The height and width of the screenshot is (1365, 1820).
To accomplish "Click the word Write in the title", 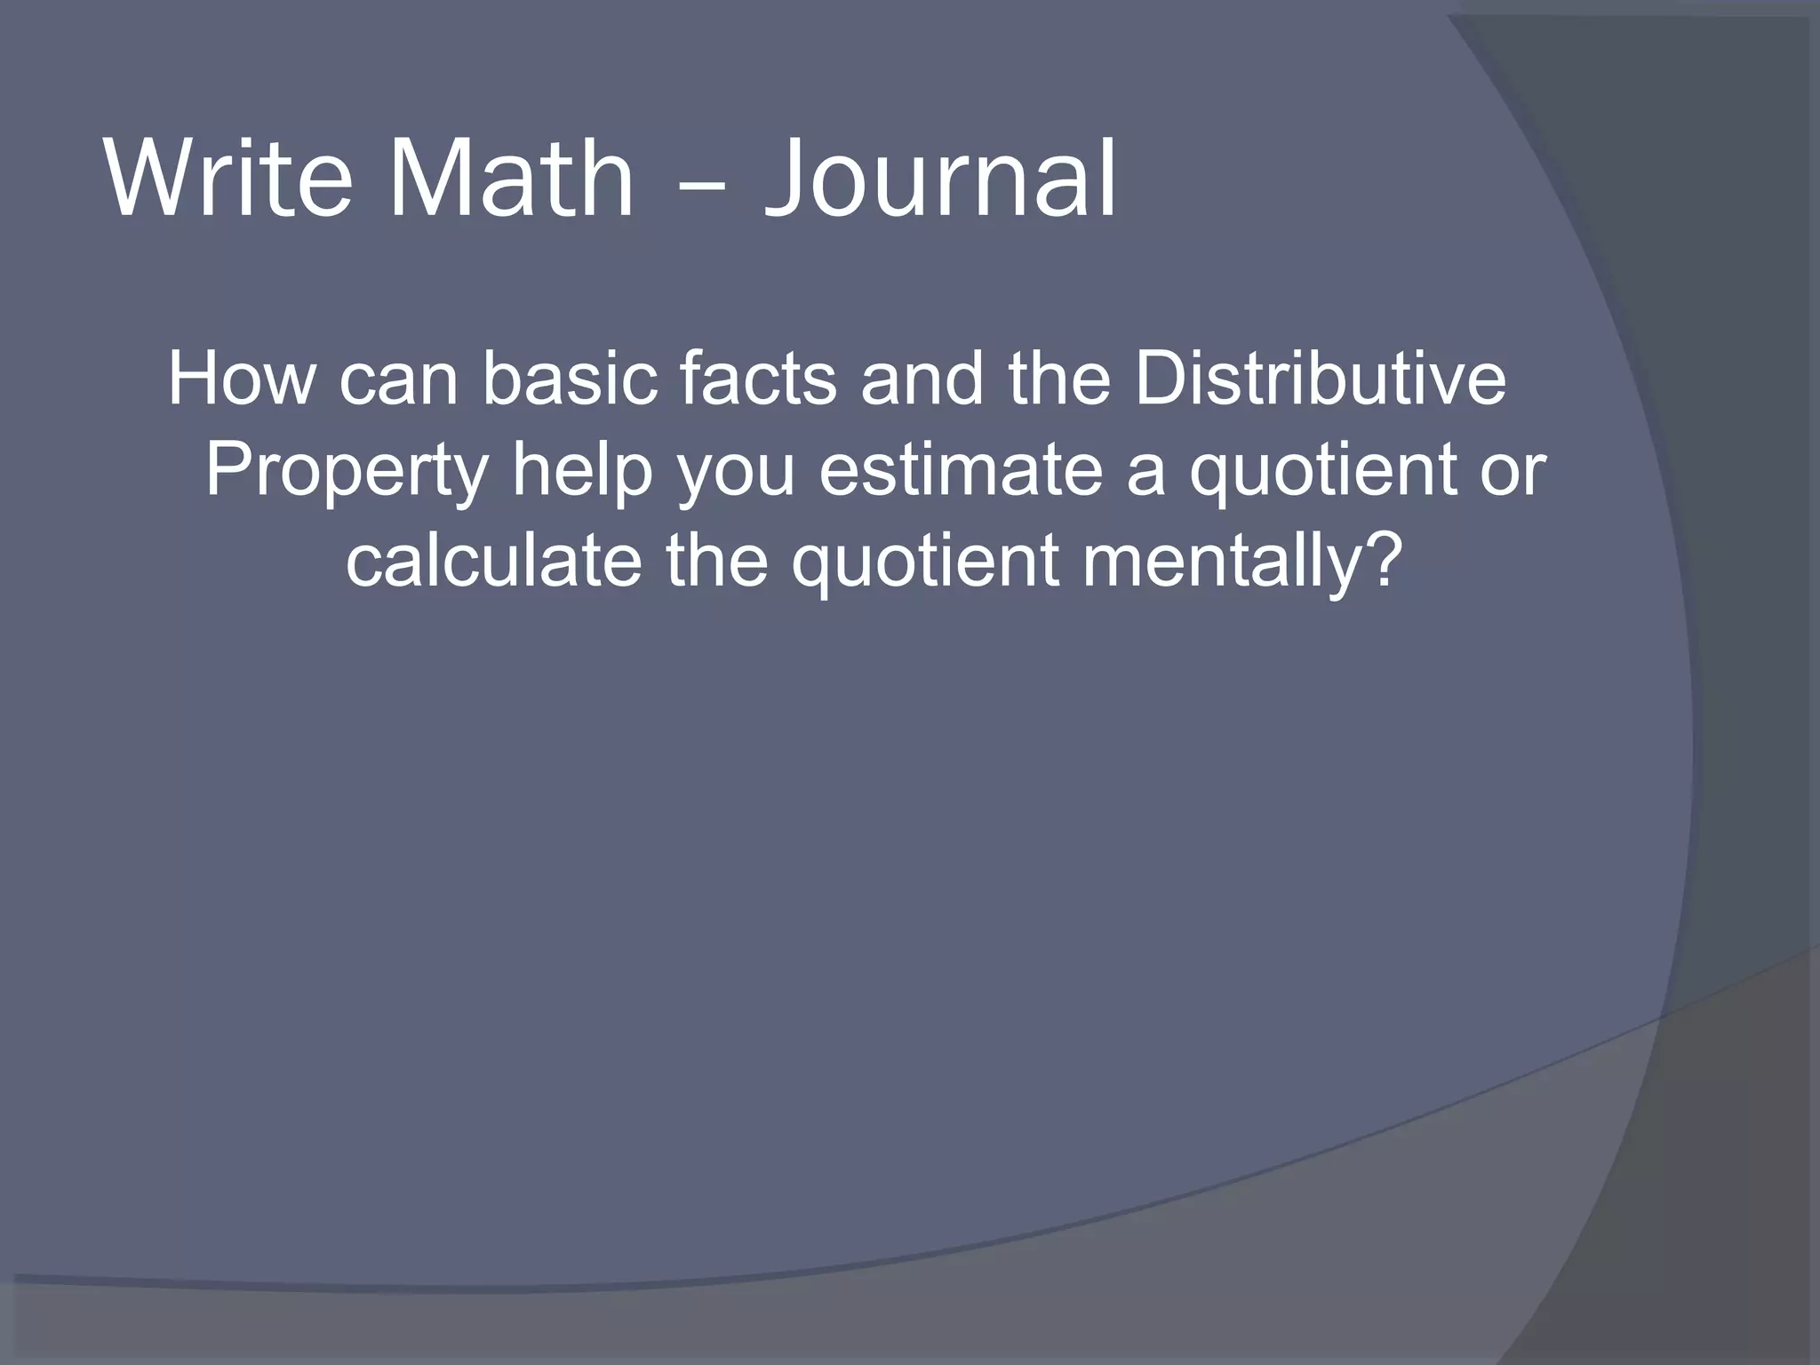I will pos(227,180).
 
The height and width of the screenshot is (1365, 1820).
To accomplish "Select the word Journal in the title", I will pos(939,180).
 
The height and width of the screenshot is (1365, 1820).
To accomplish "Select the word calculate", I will pos(493,562).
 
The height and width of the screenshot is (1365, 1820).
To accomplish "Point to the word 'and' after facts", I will pos(922,379).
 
